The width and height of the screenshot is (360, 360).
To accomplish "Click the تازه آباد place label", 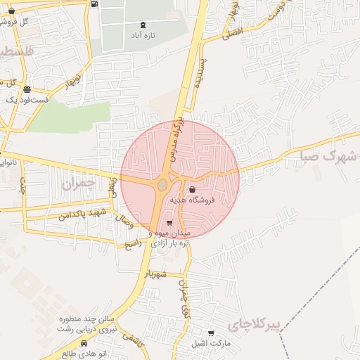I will pos(143,34).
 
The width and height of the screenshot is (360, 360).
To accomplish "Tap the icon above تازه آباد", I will pos(143,25).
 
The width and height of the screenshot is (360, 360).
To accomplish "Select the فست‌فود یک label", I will pos(27,100).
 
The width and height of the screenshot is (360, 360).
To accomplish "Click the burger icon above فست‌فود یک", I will pos(27,89).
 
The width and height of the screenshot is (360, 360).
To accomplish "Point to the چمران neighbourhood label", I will pos(77,184).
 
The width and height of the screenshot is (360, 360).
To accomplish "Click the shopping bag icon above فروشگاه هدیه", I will pos(192,189).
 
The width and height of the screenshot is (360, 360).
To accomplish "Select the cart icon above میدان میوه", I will pos(169,223).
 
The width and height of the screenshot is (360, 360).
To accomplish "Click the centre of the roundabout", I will pos(162,185).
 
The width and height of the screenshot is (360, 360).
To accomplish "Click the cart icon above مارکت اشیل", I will pos(210,333).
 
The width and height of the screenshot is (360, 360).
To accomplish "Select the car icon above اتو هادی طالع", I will pos(84,344).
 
